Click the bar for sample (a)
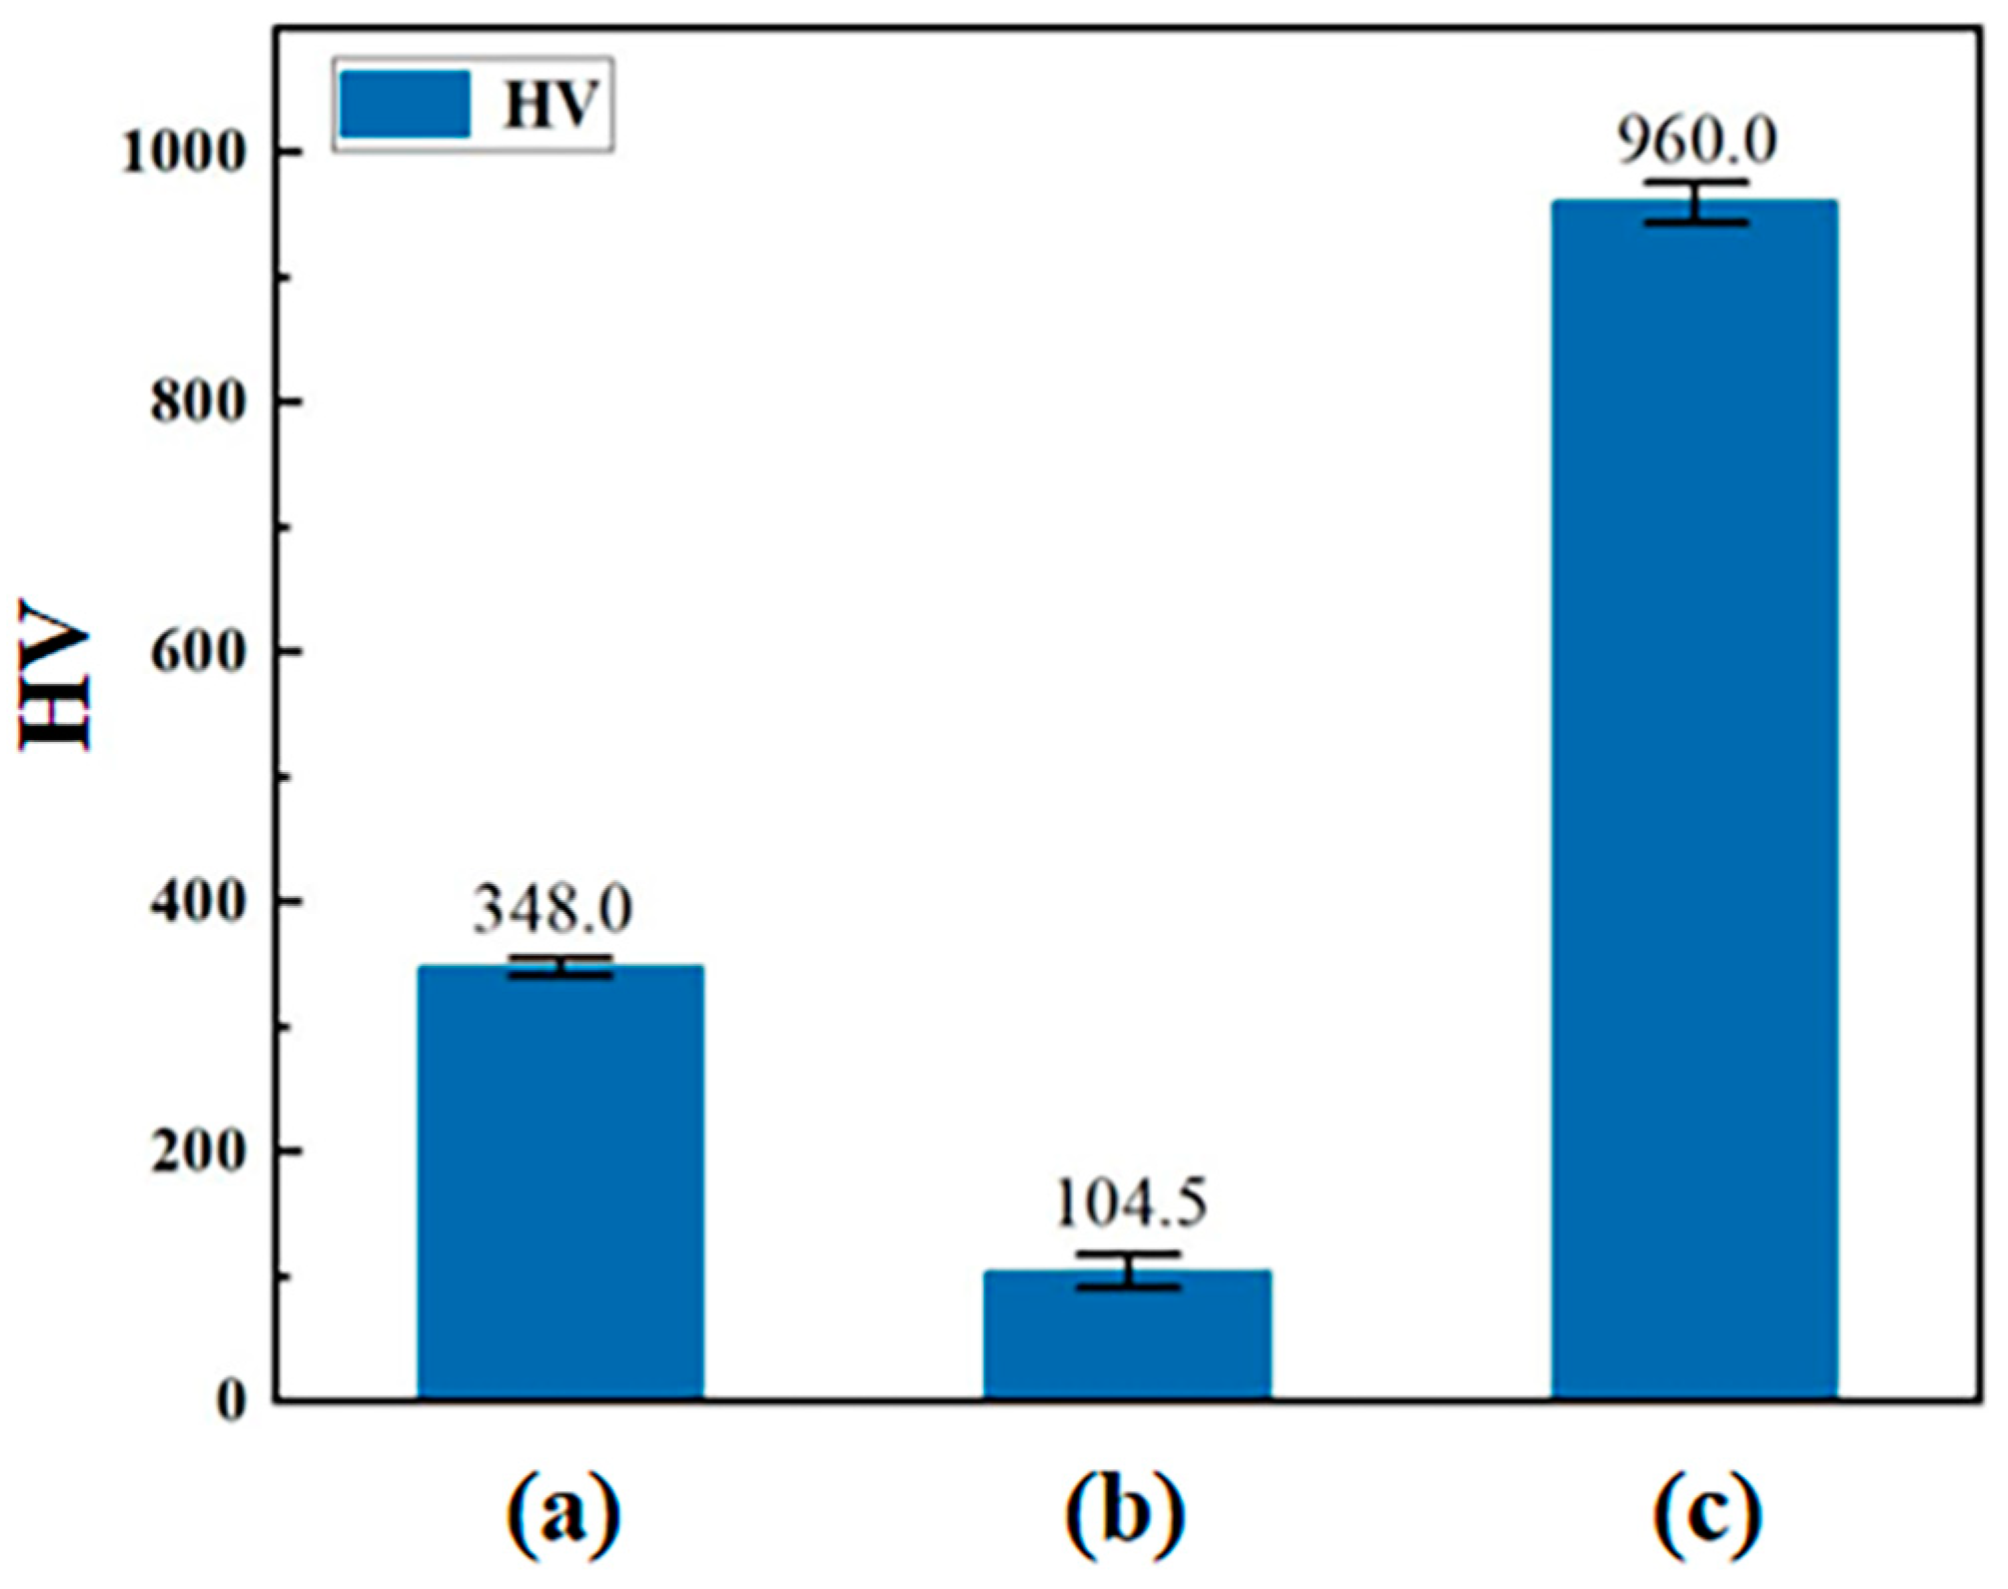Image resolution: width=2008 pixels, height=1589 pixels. [x=560, y=1184]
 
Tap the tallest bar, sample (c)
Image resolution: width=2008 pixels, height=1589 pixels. [x=1694, y=799]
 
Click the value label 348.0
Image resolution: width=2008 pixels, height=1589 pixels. [x=552, y=910]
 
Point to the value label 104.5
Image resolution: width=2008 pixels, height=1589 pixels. [x=1131, y=1203]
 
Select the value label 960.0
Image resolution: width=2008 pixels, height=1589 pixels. [x=1697, y=141]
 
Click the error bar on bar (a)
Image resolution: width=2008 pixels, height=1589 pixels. [x=560, y=966]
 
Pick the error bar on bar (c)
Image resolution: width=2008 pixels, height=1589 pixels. [x=1695, y=202]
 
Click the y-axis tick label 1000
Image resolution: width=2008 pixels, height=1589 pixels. [x=183, y=154]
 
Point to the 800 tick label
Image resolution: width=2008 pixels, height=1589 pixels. [x=198, y=402]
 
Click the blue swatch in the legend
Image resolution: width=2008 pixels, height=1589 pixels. [x=404, y=104]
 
